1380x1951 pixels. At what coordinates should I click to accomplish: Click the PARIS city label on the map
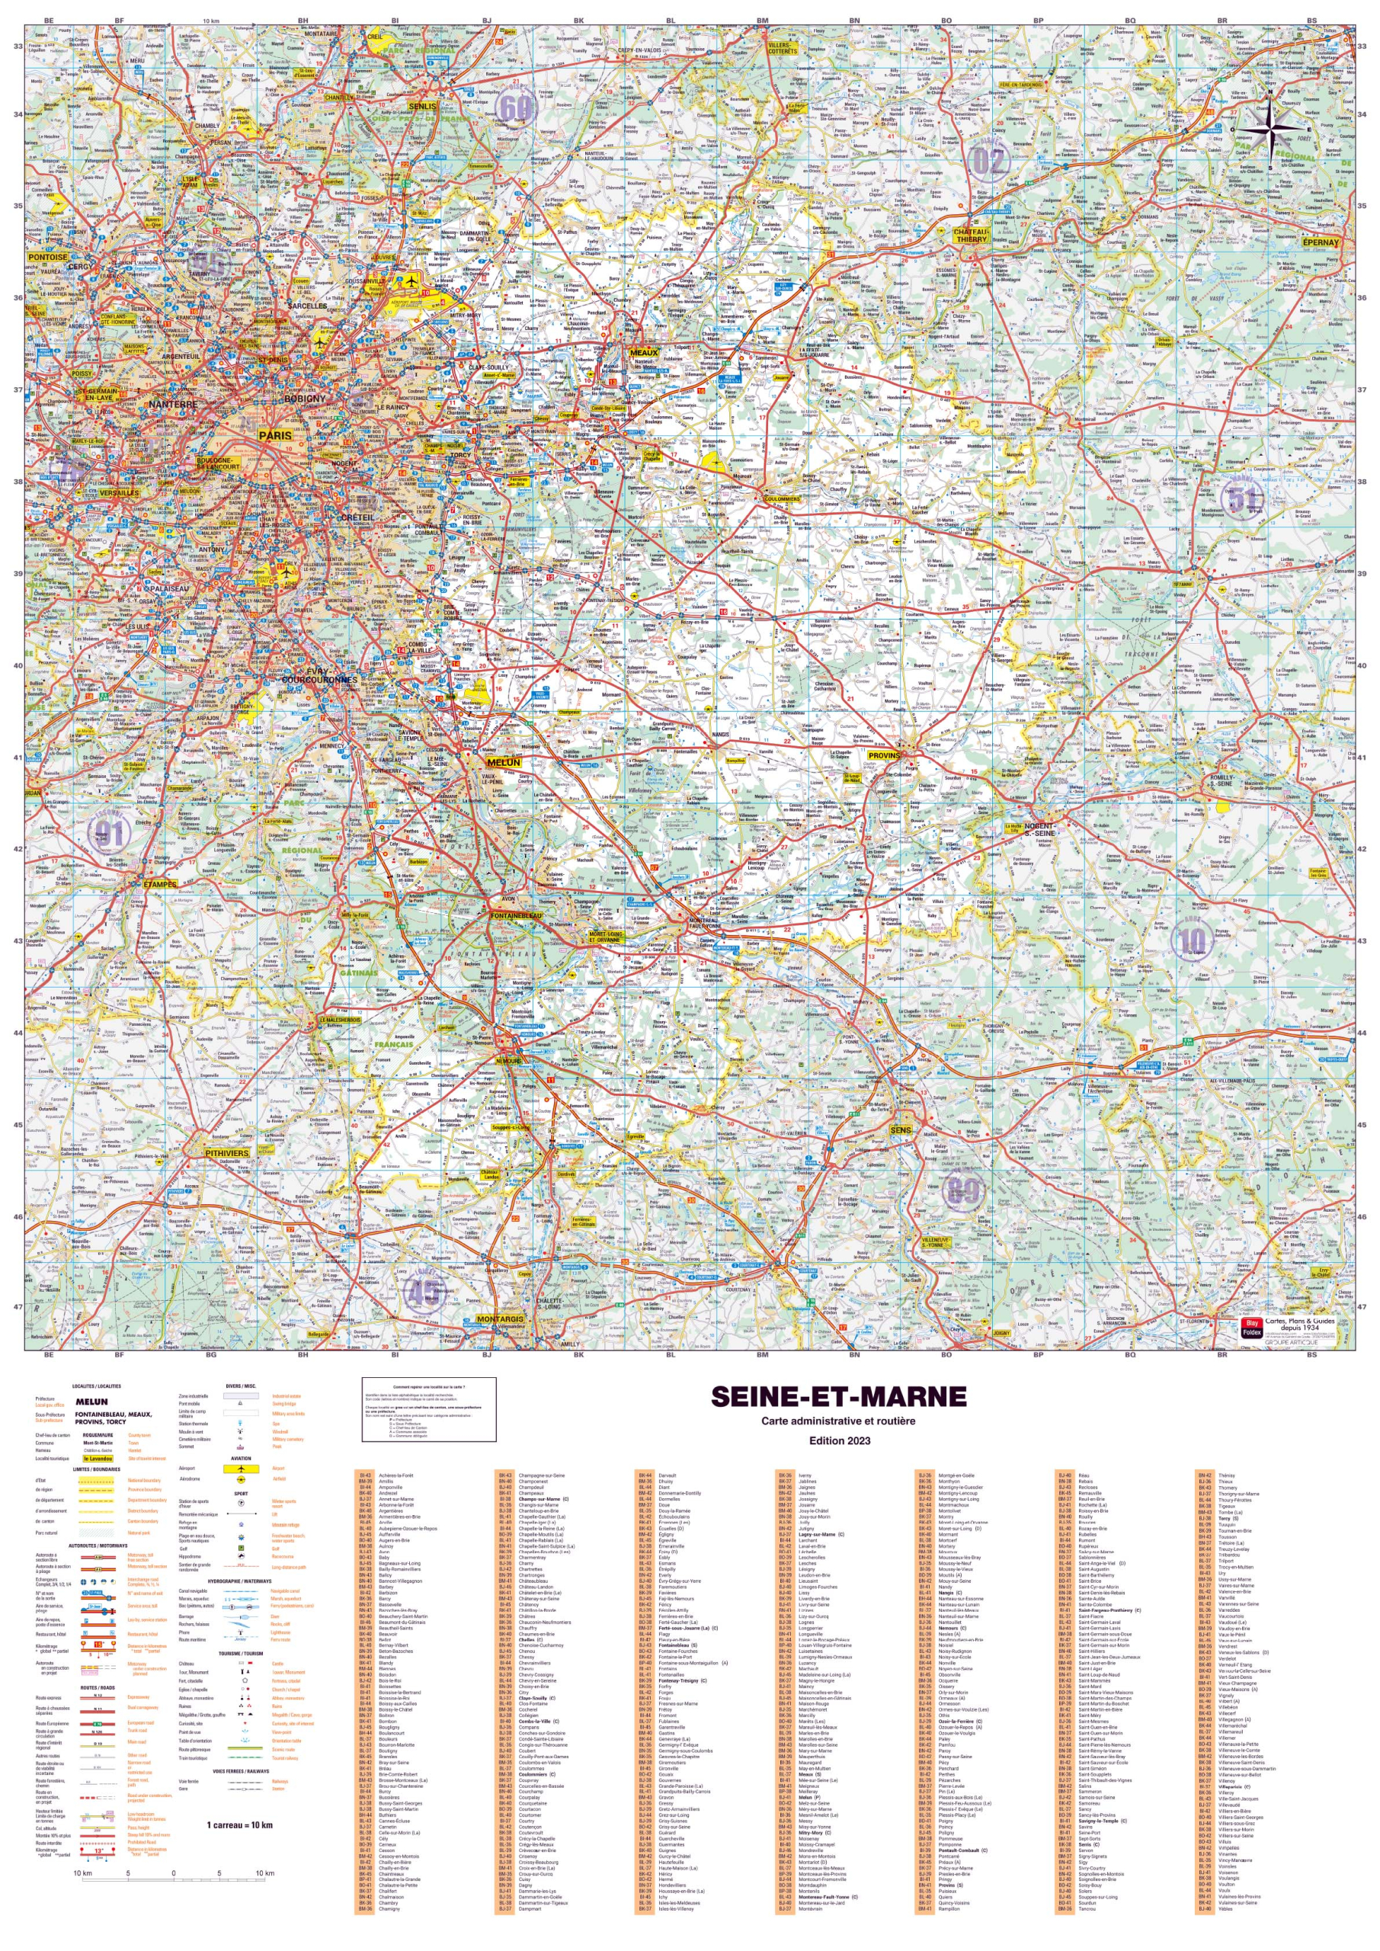click(x=274, y=435)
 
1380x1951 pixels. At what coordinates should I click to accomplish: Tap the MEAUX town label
click(x=644, y=353)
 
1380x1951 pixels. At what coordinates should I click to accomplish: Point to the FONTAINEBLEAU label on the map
click(x=516, y=916)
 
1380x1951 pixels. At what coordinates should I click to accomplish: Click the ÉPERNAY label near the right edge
click(x=1320, y=242)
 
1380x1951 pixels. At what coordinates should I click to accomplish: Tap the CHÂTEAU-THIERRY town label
click(x=972, y=235)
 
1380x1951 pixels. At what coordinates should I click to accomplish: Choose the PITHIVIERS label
click(x=227, y=1153)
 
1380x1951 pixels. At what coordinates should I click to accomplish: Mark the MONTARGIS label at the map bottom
click(x=500, y=1320)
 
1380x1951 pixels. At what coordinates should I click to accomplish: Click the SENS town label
click(x=900, y=1130)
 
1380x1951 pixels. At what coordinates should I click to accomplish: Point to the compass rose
click(x=1271, y=129)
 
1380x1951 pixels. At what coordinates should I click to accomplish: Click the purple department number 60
click(x=516, y=108)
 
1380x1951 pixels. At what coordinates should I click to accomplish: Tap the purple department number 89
click(x=962, y=1190)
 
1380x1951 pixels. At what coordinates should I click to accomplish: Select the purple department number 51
click(x=1242, y=500)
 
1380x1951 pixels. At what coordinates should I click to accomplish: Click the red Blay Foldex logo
click(x=1250, y=1328)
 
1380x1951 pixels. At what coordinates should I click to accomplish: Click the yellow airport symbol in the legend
click(x=242, y=1468)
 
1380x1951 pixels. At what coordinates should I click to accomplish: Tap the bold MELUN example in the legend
click(x=91, y=1402)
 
